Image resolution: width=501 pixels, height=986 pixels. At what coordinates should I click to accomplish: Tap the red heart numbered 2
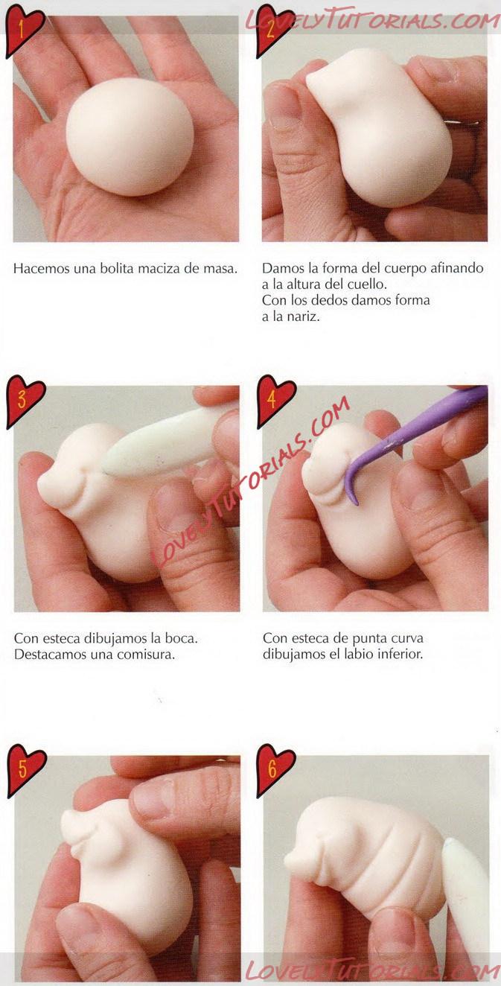coord(275,30)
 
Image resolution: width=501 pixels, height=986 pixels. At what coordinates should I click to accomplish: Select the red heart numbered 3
coord(24,401)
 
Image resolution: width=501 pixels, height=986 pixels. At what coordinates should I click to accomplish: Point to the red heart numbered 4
coord(275,401)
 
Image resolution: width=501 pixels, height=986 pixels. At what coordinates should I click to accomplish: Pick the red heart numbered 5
coord(25,770)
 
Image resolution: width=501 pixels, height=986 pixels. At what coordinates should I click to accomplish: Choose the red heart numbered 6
coord(275,770)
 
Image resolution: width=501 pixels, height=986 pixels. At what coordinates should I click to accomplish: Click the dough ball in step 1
coord(130,136)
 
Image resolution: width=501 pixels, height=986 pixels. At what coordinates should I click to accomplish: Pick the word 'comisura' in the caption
coord(146,654)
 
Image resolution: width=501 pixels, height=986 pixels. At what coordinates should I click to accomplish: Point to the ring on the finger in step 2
coord(462,123)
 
